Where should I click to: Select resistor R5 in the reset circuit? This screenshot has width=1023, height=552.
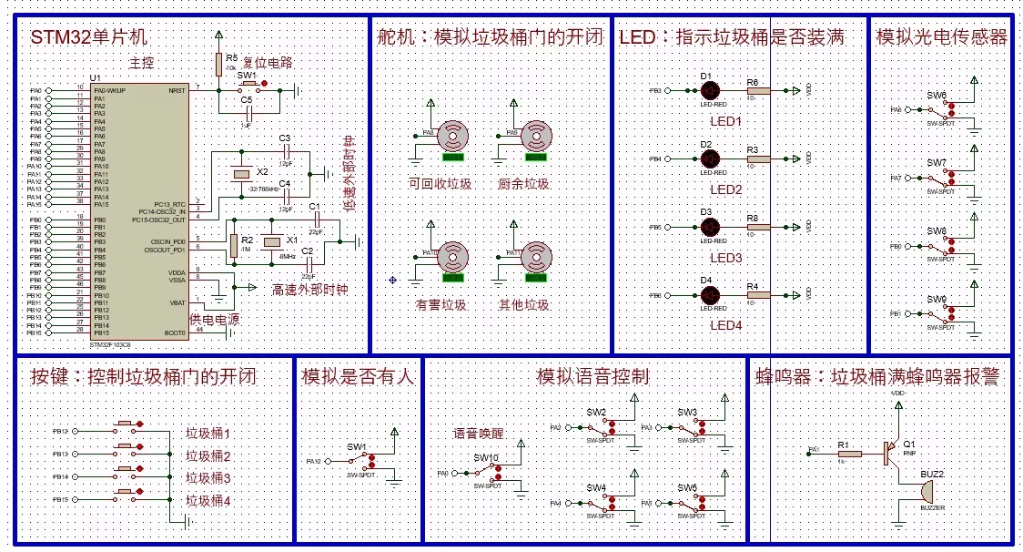(x=219, y=64)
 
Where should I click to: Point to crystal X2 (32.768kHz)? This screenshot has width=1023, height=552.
(x=240, y=173)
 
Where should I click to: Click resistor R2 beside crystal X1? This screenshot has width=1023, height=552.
(x=234, y=244)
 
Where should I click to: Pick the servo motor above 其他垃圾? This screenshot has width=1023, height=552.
(x=535, y=257)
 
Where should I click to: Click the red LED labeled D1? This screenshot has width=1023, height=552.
(x=711, y=90)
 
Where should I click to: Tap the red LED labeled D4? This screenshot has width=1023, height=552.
(x=711, y=294)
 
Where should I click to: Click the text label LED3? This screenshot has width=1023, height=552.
(x=726, y=259)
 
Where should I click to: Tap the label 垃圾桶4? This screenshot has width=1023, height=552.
(x=208, y=501)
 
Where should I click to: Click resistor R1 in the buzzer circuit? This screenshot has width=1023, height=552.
(x=845, y=450)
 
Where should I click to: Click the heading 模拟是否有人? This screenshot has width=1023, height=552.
(x=358, y=377)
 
